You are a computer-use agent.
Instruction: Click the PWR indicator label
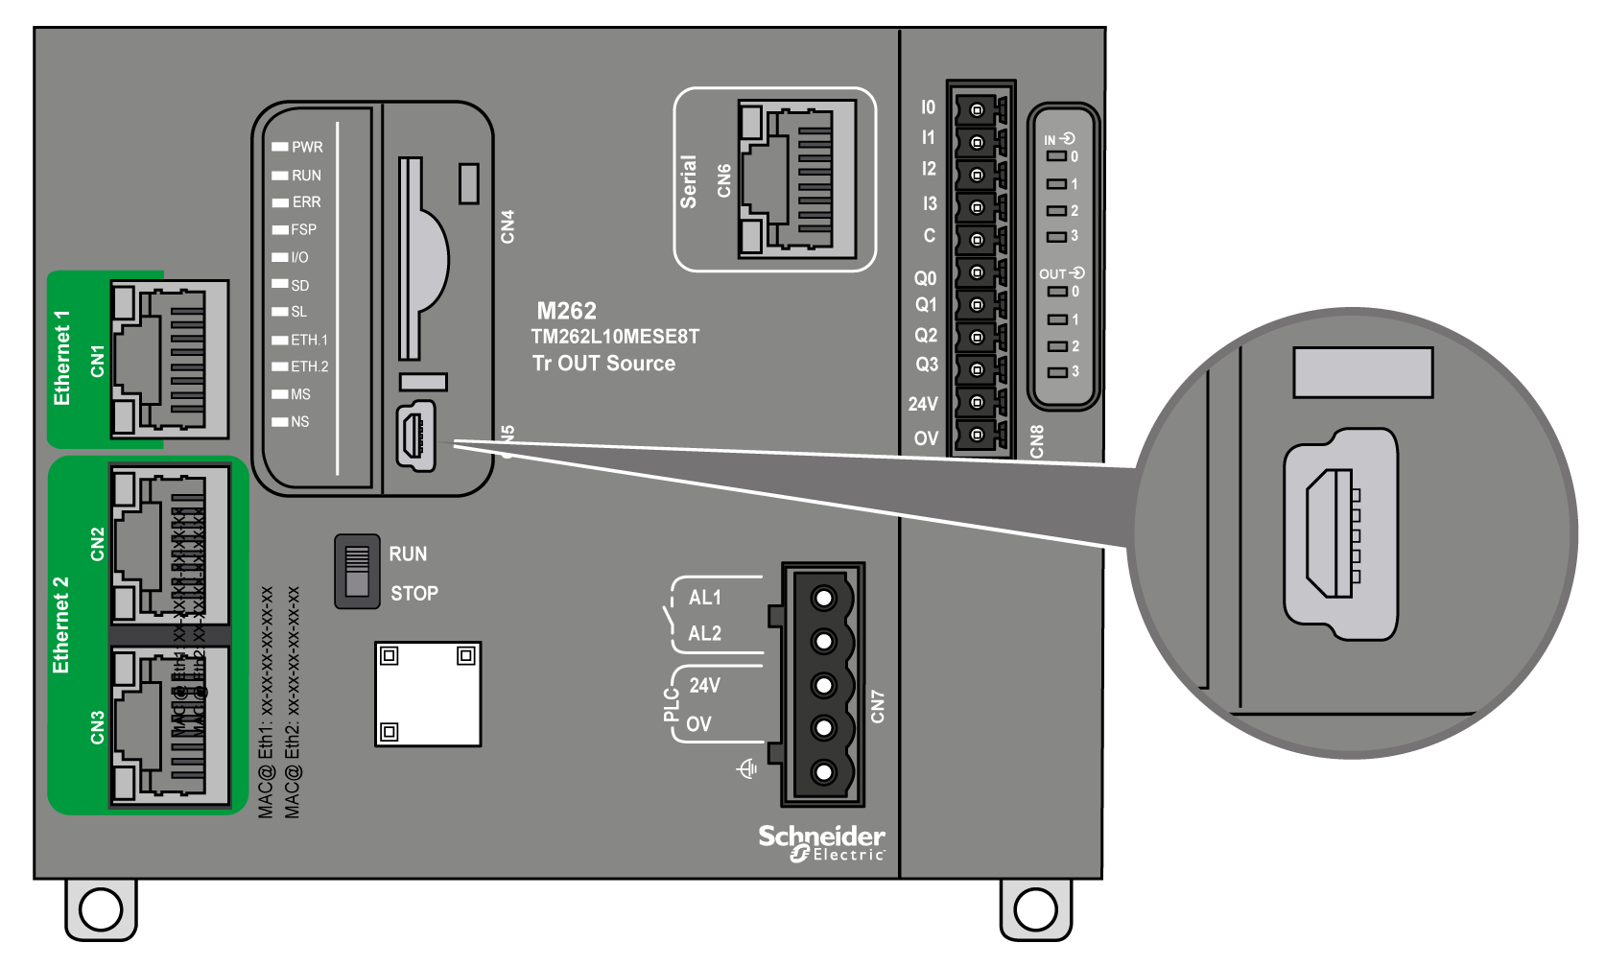[307, 147]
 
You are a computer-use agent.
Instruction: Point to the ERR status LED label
[306, 202]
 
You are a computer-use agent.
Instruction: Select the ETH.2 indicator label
[309, 366]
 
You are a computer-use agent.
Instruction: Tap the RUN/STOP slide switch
[357, 572]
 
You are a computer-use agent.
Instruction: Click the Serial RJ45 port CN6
[796, 179]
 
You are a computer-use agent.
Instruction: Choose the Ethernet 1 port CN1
[170, 360]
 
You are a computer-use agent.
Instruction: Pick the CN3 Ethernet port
[170, 726]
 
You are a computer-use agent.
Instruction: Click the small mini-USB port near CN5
[415, 436]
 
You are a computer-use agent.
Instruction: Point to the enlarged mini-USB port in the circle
[1339, 533]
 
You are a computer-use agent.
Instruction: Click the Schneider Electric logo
[822, 842]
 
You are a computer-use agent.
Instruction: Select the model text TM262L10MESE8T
[615, 337]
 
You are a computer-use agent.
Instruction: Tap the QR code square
[427, 694]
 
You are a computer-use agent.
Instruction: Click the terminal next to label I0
[977, 109]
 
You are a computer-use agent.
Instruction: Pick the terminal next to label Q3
[977, 369]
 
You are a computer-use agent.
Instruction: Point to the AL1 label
[704, 598]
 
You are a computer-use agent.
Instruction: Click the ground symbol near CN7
[746, 768]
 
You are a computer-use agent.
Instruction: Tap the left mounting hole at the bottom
[101, 908]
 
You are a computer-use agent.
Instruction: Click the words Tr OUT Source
[603, 364]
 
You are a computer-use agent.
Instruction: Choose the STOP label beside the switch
[413, 594]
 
